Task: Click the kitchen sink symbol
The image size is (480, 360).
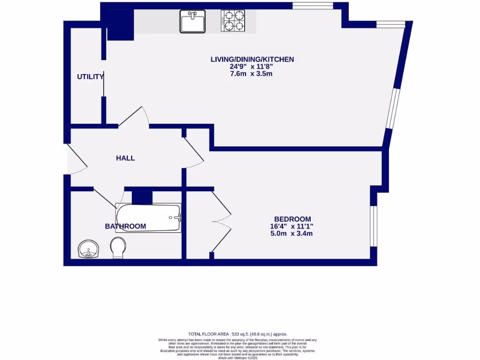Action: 193,22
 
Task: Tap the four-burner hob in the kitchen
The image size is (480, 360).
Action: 233,21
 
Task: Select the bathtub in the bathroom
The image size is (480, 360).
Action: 149,217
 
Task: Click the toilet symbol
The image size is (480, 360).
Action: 119,247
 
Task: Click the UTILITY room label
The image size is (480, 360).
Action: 90,76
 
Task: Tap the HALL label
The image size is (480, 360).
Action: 125,158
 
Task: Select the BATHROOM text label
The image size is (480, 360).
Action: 125,226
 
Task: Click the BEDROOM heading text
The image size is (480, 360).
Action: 292,219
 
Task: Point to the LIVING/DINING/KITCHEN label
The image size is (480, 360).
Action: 252,59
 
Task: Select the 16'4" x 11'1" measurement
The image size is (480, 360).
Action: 292,226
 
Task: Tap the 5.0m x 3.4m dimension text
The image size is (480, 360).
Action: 292,233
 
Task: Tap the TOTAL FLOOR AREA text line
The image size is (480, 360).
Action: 237,334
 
